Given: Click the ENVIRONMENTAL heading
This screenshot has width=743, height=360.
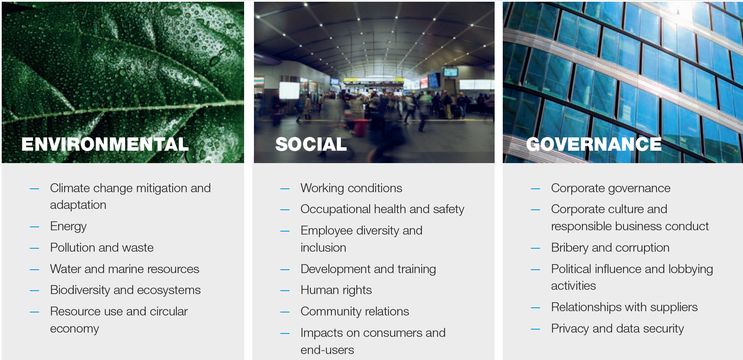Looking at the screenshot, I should coord(105,144).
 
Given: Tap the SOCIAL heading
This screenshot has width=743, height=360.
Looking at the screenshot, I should coord(311,144).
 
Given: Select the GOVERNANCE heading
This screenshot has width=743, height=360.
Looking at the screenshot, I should coord(594,144).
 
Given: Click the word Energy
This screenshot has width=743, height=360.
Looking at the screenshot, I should coord(68,226).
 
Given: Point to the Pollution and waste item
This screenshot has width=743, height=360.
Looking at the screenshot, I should coord(101,247).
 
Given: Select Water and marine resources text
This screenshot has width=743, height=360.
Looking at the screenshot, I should coord(124,269).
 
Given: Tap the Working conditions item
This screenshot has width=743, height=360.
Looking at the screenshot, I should coord(351,188).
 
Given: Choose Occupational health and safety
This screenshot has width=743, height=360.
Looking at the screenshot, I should coord(382,209).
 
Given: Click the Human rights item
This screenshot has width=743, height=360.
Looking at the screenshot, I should coord(336,290).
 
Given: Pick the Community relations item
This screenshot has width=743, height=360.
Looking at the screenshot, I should coord(355,311).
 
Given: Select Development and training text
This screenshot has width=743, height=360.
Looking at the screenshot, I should coord(368,269).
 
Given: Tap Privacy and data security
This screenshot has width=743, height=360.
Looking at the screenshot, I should coord(617,328).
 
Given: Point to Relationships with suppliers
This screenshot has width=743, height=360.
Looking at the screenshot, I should coord(624,307).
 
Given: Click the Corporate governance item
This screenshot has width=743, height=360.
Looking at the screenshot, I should coord(610,188).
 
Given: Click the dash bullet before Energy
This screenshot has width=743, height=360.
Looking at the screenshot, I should coord(34,227).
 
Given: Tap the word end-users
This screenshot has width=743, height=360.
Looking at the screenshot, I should coord(327,350).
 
